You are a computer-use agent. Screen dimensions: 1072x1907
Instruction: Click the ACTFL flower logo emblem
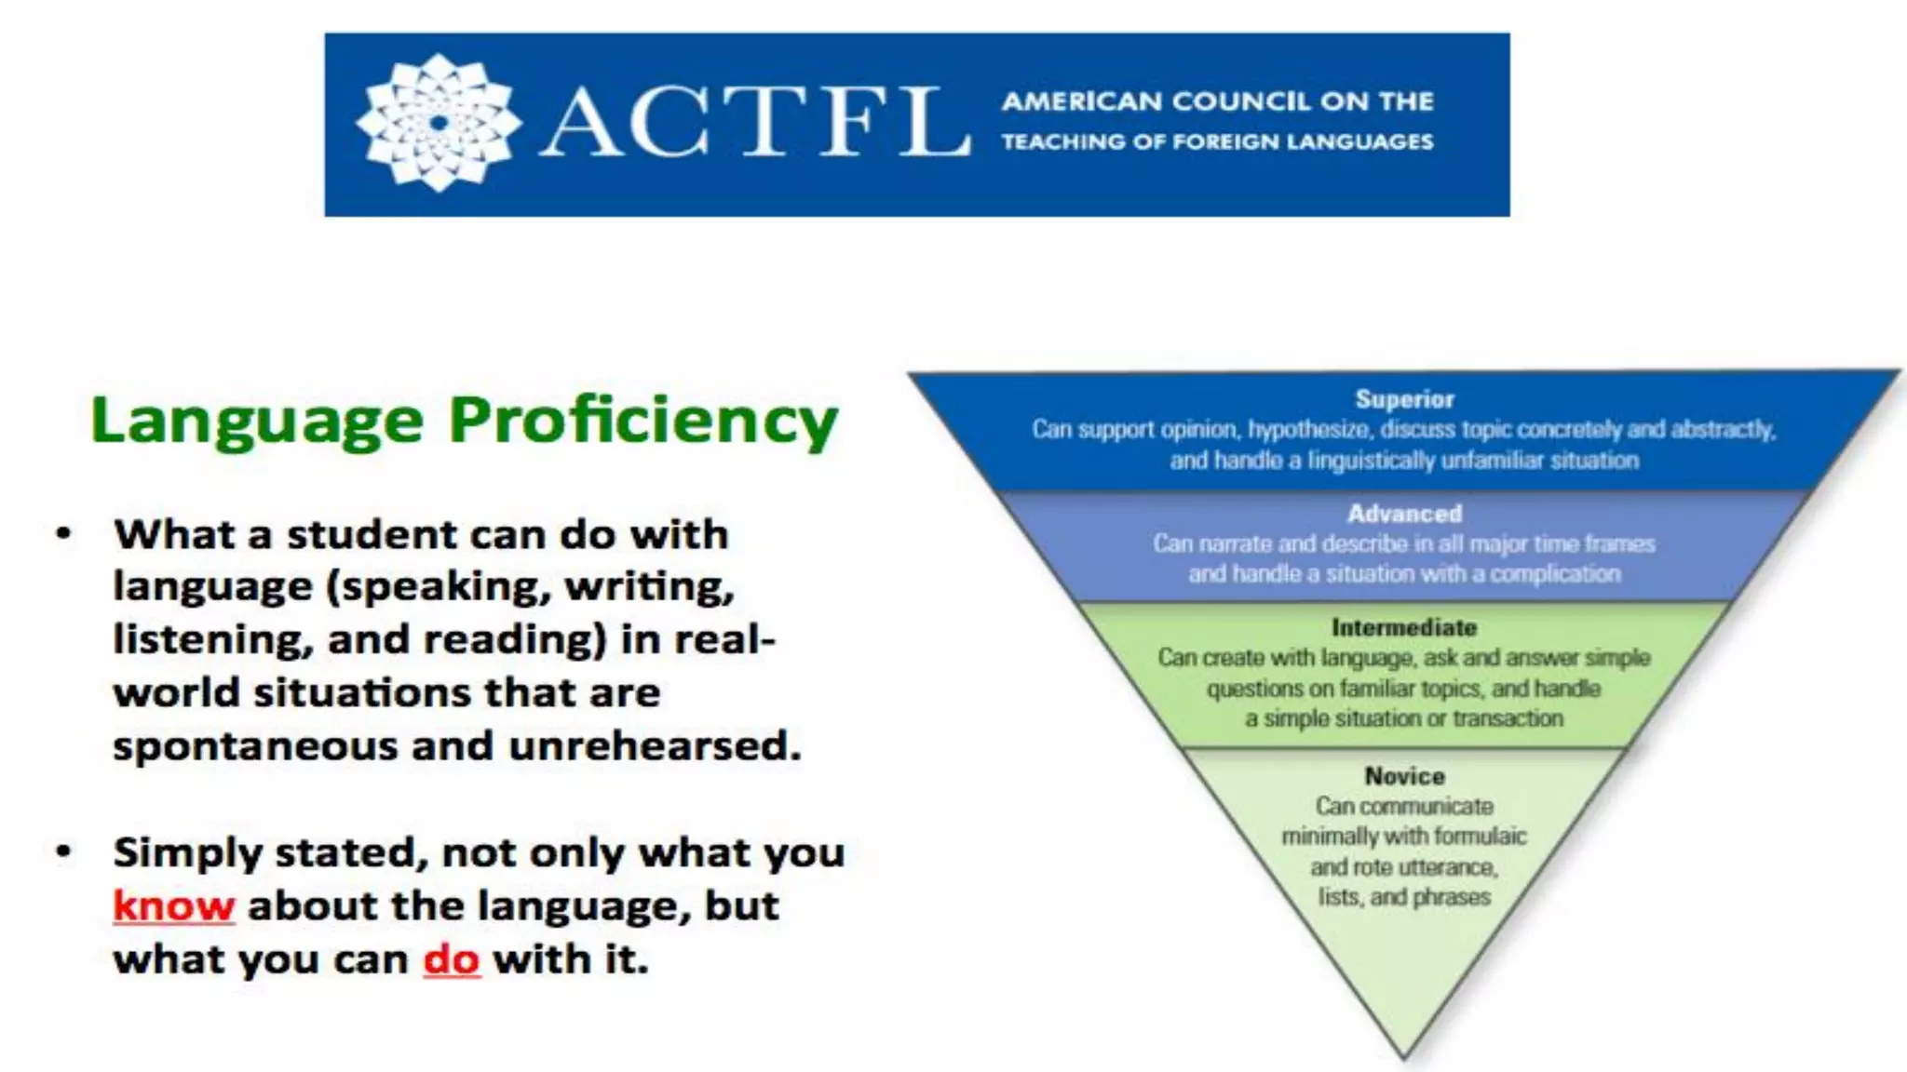pos(438,123)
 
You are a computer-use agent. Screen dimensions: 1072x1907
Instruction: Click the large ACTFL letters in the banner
pos(754,123)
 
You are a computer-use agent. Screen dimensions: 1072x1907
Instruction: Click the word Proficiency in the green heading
pos(643,422)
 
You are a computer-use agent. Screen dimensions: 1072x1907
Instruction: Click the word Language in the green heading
pos(257,422)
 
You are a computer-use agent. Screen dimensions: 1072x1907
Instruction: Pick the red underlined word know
pos(173,906)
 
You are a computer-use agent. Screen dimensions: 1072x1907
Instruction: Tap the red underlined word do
pos(452,959)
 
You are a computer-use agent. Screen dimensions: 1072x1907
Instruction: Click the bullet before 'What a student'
pos(63,534)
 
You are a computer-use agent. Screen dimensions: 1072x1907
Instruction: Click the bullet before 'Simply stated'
pos(63,852)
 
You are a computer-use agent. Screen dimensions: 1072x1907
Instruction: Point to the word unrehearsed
pos(655,745)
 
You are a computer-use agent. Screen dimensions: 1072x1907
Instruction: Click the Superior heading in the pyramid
pos(1404,400)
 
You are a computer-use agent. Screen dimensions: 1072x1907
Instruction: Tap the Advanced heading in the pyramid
pos(1404,514)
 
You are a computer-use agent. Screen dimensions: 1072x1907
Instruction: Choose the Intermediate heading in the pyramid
pos(1404,627)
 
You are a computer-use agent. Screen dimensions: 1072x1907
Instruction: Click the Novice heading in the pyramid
pos(1404,776)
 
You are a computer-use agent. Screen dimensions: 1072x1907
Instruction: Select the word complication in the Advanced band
pos(1555,574)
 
